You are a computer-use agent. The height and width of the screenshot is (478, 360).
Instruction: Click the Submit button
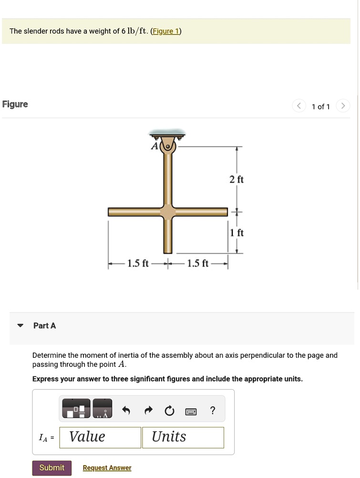51,468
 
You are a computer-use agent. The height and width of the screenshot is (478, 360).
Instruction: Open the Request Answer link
107,468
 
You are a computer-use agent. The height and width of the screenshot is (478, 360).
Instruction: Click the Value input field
101,437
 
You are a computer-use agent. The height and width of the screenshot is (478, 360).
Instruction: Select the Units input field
183,437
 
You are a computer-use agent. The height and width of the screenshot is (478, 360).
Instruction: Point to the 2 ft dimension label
236,179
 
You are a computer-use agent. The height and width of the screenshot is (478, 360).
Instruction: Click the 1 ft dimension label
237,233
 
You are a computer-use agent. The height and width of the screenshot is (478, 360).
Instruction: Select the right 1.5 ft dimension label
197,263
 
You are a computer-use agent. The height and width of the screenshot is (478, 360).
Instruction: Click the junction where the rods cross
167,211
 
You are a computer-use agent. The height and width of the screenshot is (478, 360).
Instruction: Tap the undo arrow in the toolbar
126,411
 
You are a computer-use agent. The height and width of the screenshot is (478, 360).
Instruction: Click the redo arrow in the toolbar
148,411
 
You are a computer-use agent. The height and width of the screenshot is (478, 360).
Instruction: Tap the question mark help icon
213,410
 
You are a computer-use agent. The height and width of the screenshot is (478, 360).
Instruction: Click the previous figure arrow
299,106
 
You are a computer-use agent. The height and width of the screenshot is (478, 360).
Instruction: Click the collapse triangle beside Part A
20,326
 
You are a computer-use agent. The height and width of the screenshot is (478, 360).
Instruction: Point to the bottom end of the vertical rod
167,251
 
